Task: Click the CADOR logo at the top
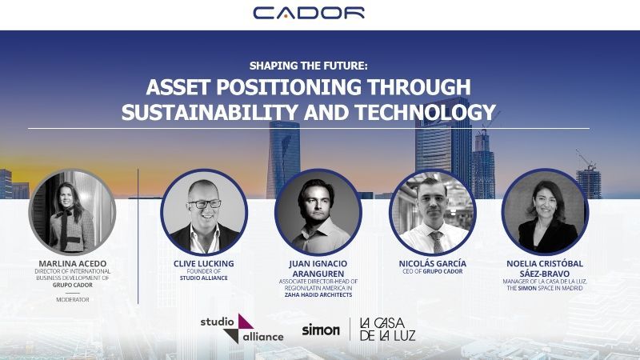pos(309,13)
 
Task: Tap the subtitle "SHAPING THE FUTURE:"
pos(309,66)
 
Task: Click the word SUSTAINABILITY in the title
pos(210,112)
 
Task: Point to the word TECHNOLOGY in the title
pos(426,112)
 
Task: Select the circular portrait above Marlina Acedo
pos(72,212)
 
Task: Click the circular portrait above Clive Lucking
pos(204,212)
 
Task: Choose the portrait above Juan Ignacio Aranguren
pos(318,212)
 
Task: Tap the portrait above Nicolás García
pos(433,212)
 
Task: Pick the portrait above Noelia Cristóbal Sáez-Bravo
pos(545,212)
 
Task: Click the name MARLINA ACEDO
pos(73,264)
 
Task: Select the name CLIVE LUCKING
pos(204,264)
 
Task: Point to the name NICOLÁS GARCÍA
pos(433,264)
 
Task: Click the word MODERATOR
pos(73,299)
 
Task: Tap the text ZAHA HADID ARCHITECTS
pos(318,294)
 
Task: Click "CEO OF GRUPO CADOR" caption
pos(433,271)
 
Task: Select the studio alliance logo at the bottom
pos(242,329)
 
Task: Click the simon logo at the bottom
pos(321,330)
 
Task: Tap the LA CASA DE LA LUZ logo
pos(387,330)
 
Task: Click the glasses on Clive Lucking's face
pos(204,204)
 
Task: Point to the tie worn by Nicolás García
pos(437,242)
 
